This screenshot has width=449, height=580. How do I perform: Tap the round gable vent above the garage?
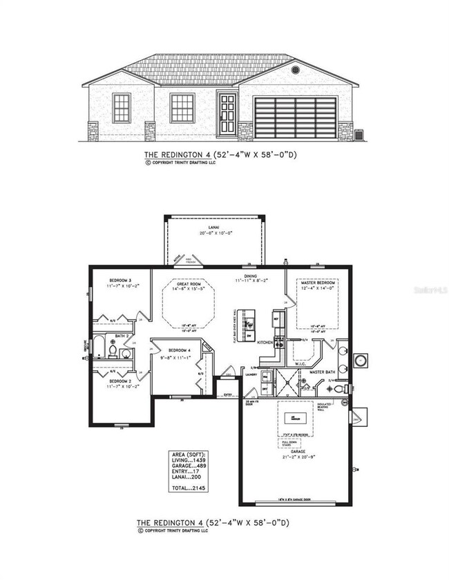[x=295, y=70]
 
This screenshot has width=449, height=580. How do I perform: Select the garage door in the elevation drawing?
[x=296, y=118]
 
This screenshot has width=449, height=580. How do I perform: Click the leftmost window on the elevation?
[x=122, y=108]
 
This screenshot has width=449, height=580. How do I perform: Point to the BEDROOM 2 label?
[x=120, y=380]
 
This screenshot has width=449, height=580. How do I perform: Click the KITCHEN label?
[x=265, y=342]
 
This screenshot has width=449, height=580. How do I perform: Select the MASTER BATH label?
[x=322, y=372]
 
